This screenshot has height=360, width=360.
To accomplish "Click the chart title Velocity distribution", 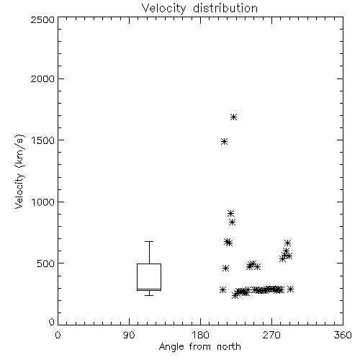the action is click(199, 9).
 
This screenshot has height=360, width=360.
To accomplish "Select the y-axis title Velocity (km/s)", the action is click(19, 171).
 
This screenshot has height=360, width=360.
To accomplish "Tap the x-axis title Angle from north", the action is click(199, 346).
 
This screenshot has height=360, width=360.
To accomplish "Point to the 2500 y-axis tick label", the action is click(42, 19).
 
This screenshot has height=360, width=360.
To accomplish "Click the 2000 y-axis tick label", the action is click(42, 79).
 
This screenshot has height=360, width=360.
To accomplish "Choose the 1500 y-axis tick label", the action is click(43, 140).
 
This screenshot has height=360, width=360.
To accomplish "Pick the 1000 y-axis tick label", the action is click(43, 202).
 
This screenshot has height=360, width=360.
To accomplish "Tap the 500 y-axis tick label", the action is click(46, 264).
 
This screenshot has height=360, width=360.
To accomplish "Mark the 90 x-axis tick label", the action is click(129, 335).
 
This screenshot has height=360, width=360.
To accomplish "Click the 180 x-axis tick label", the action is click(200, 335).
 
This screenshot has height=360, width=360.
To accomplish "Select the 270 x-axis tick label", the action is click(271, 335).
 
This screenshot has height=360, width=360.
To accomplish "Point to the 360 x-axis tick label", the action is click(343, 335).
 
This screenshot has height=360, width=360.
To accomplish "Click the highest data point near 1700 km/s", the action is click(234, 117).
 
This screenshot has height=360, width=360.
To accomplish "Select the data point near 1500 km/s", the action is click(224, 141).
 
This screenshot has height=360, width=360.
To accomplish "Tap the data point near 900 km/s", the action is click(230, 213).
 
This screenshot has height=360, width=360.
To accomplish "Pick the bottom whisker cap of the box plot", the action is click(149, 295).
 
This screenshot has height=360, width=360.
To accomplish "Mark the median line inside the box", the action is click(149, 289).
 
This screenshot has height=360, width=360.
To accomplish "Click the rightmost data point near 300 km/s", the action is click(290, 289).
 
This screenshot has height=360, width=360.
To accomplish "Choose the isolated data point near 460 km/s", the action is click(225, 268).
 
